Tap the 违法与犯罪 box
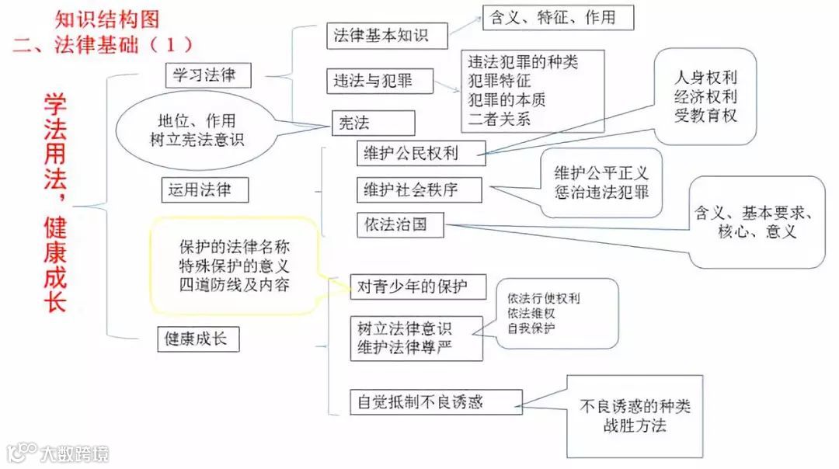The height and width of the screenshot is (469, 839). point(379,81)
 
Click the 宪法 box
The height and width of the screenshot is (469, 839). point(372,123)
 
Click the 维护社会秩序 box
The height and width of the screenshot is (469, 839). point(419,189)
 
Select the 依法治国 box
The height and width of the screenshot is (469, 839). point(402,225)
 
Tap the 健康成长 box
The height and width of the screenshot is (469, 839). point(197,339)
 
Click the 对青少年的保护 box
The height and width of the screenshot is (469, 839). point(419,287)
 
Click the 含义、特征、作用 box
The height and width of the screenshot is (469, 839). point(558,18)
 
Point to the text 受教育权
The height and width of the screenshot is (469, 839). point(705,116)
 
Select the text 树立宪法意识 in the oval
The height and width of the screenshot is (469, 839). point(197,140)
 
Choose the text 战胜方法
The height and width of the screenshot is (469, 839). point(634,426)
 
